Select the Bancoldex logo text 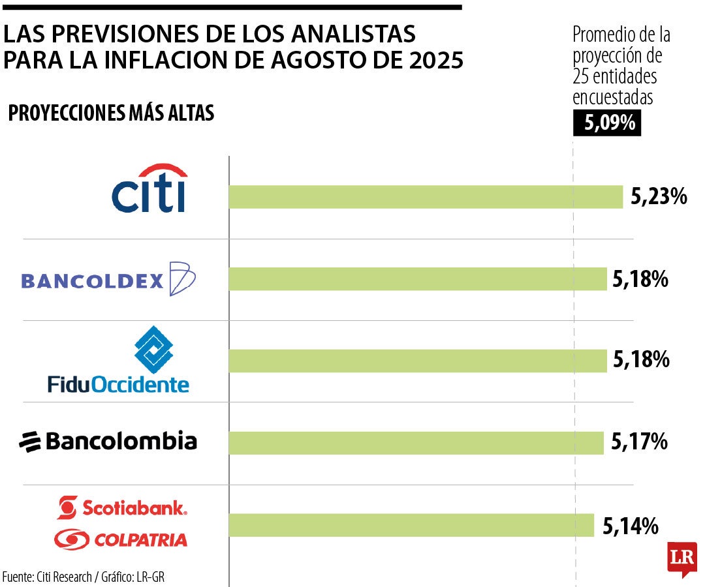92,281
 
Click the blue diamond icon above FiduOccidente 153,350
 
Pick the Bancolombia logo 108,442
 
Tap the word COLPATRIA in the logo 140,540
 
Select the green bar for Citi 426,197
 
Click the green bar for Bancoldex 418,279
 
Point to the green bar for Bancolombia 416,443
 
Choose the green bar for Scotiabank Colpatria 411,525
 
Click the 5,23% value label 659,196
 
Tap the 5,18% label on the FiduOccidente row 641,360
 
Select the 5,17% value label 639,443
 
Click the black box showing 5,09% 607,123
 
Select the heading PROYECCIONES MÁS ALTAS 111,113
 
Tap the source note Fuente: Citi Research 47,577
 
